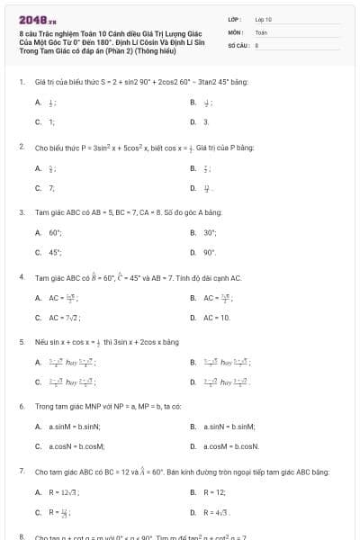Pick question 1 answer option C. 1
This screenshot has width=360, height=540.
click(x=45, y=121)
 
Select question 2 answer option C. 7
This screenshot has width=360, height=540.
click(x=45, y=188)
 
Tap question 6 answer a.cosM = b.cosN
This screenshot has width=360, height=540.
click(x=223, y=445)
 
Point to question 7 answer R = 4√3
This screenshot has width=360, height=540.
click(x=211, y=513)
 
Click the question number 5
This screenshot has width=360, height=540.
click(x=21, y=342)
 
